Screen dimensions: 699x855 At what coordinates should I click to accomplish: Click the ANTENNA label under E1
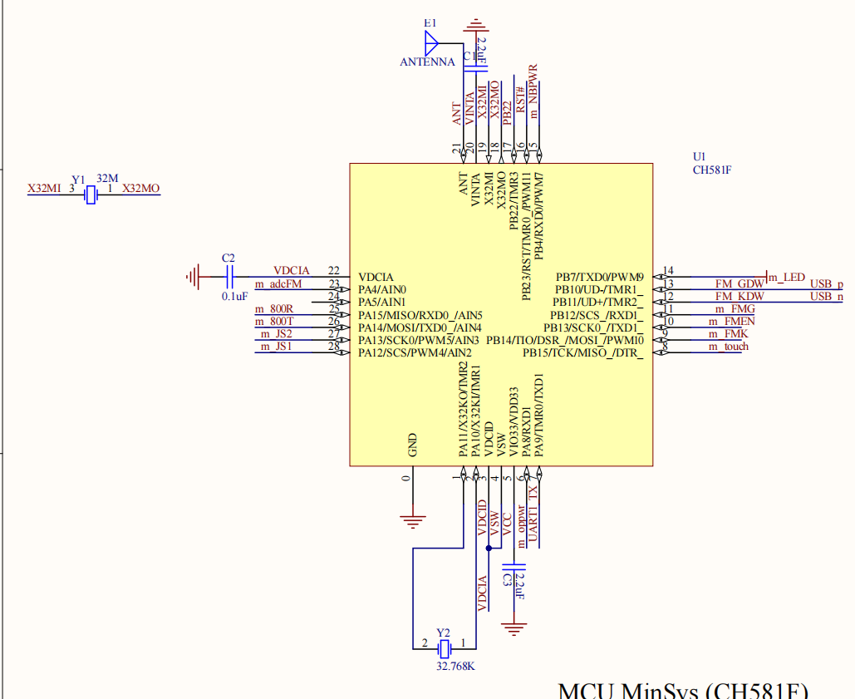click(427, 62)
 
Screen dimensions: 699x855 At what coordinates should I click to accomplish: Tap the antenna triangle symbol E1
click(430, 42)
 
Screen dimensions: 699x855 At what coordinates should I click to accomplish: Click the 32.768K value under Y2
click(456, 666)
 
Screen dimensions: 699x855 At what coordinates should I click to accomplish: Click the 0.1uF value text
click(234, 296)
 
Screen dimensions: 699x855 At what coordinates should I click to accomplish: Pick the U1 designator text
click(699, 156)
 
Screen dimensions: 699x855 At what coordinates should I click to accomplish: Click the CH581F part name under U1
click(711, 170)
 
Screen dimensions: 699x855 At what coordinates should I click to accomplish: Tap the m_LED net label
click(787, 277)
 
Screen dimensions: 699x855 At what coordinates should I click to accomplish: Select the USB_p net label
click(826, 283)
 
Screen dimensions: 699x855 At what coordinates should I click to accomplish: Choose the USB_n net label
click(826, 296)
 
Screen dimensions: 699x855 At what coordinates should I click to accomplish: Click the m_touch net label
click(728, 346)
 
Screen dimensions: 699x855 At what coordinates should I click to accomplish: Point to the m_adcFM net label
click(278, 284)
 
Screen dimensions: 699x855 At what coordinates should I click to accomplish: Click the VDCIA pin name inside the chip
click(376, 277)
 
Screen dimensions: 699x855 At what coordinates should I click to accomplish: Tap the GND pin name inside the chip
click(413, 445)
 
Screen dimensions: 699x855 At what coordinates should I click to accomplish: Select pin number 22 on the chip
click(334, 271)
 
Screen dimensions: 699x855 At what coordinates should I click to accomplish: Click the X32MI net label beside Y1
click(44, 189)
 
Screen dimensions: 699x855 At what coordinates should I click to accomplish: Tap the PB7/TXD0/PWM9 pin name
click(599, 277)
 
